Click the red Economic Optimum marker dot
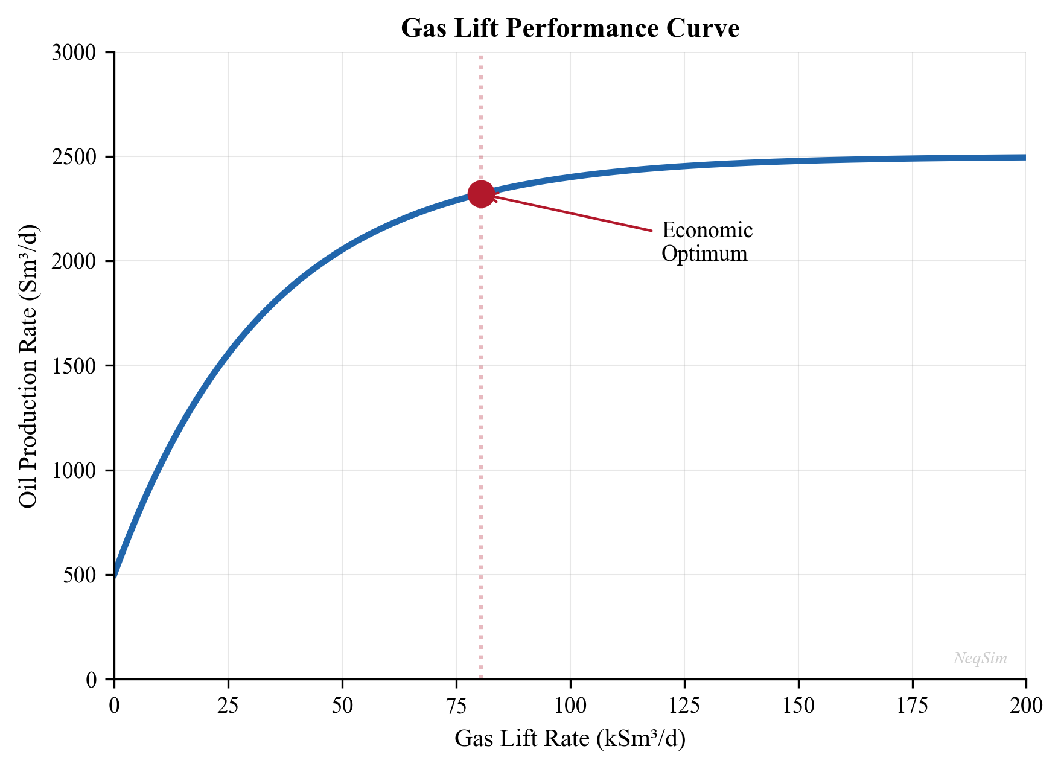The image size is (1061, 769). click(481, 194)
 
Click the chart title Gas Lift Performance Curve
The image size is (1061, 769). click(570, 28)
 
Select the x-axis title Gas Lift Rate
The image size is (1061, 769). click(570, 738)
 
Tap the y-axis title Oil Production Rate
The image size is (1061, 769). click(28, 366)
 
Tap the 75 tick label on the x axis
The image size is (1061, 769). click(456, 705)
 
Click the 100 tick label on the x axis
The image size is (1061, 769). click(570, 705)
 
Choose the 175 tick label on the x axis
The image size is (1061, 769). click(912, 705)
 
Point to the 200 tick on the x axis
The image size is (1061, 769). click(1025, 705)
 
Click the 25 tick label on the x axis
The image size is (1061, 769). click(228, 705)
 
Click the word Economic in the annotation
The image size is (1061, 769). click(707, 231)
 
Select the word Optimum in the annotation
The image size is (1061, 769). click(704, 254)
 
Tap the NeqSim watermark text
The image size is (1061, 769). click(980, 658)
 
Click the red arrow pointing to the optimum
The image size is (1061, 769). click(573, 213)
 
